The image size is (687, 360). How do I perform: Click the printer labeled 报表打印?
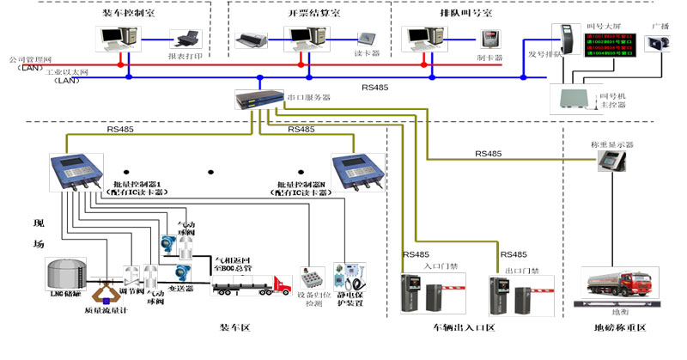coord(186,40)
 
